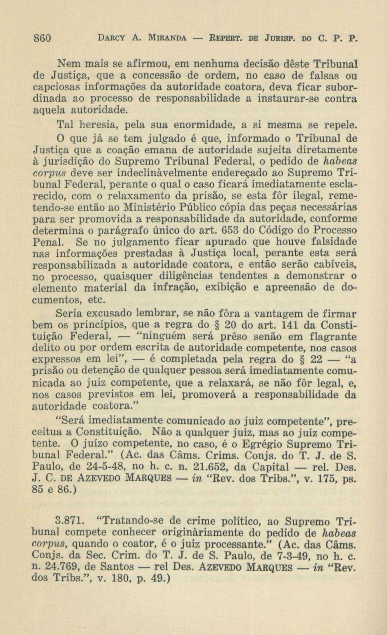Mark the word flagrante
(x=333, y=337)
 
